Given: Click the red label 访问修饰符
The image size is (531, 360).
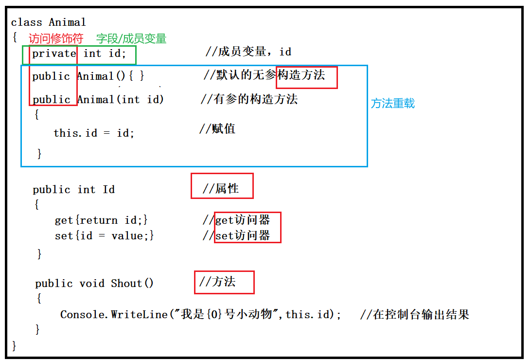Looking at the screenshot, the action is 56,38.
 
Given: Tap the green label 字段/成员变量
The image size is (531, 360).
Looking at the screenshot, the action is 131,38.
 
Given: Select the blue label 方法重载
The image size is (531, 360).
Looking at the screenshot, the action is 393,104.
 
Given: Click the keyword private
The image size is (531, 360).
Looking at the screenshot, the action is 54,54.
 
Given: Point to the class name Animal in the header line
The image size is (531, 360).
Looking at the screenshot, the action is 67,22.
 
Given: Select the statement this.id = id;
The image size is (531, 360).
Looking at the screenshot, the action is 94,133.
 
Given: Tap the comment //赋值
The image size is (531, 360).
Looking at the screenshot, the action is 217,129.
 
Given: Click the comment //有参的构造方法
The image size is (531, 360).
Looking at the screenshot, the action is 249,99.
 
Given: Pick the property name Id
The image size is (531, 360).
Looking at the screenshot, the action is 109,190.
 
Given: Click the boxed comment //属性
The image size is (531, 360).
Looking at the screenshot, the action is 221,188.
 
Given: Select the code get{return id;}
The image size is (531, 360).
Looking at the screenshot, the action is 101,220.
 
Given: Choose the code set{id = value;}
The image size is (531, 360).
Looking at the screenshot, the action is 105,236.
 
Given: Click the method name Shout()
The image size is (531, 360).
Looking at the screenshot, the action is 132,284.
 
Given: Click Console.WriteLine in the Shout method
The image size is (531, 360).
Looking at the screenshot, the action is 113,315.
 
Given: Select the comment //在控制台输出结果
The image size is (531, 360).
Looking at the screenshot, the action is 415,315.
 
